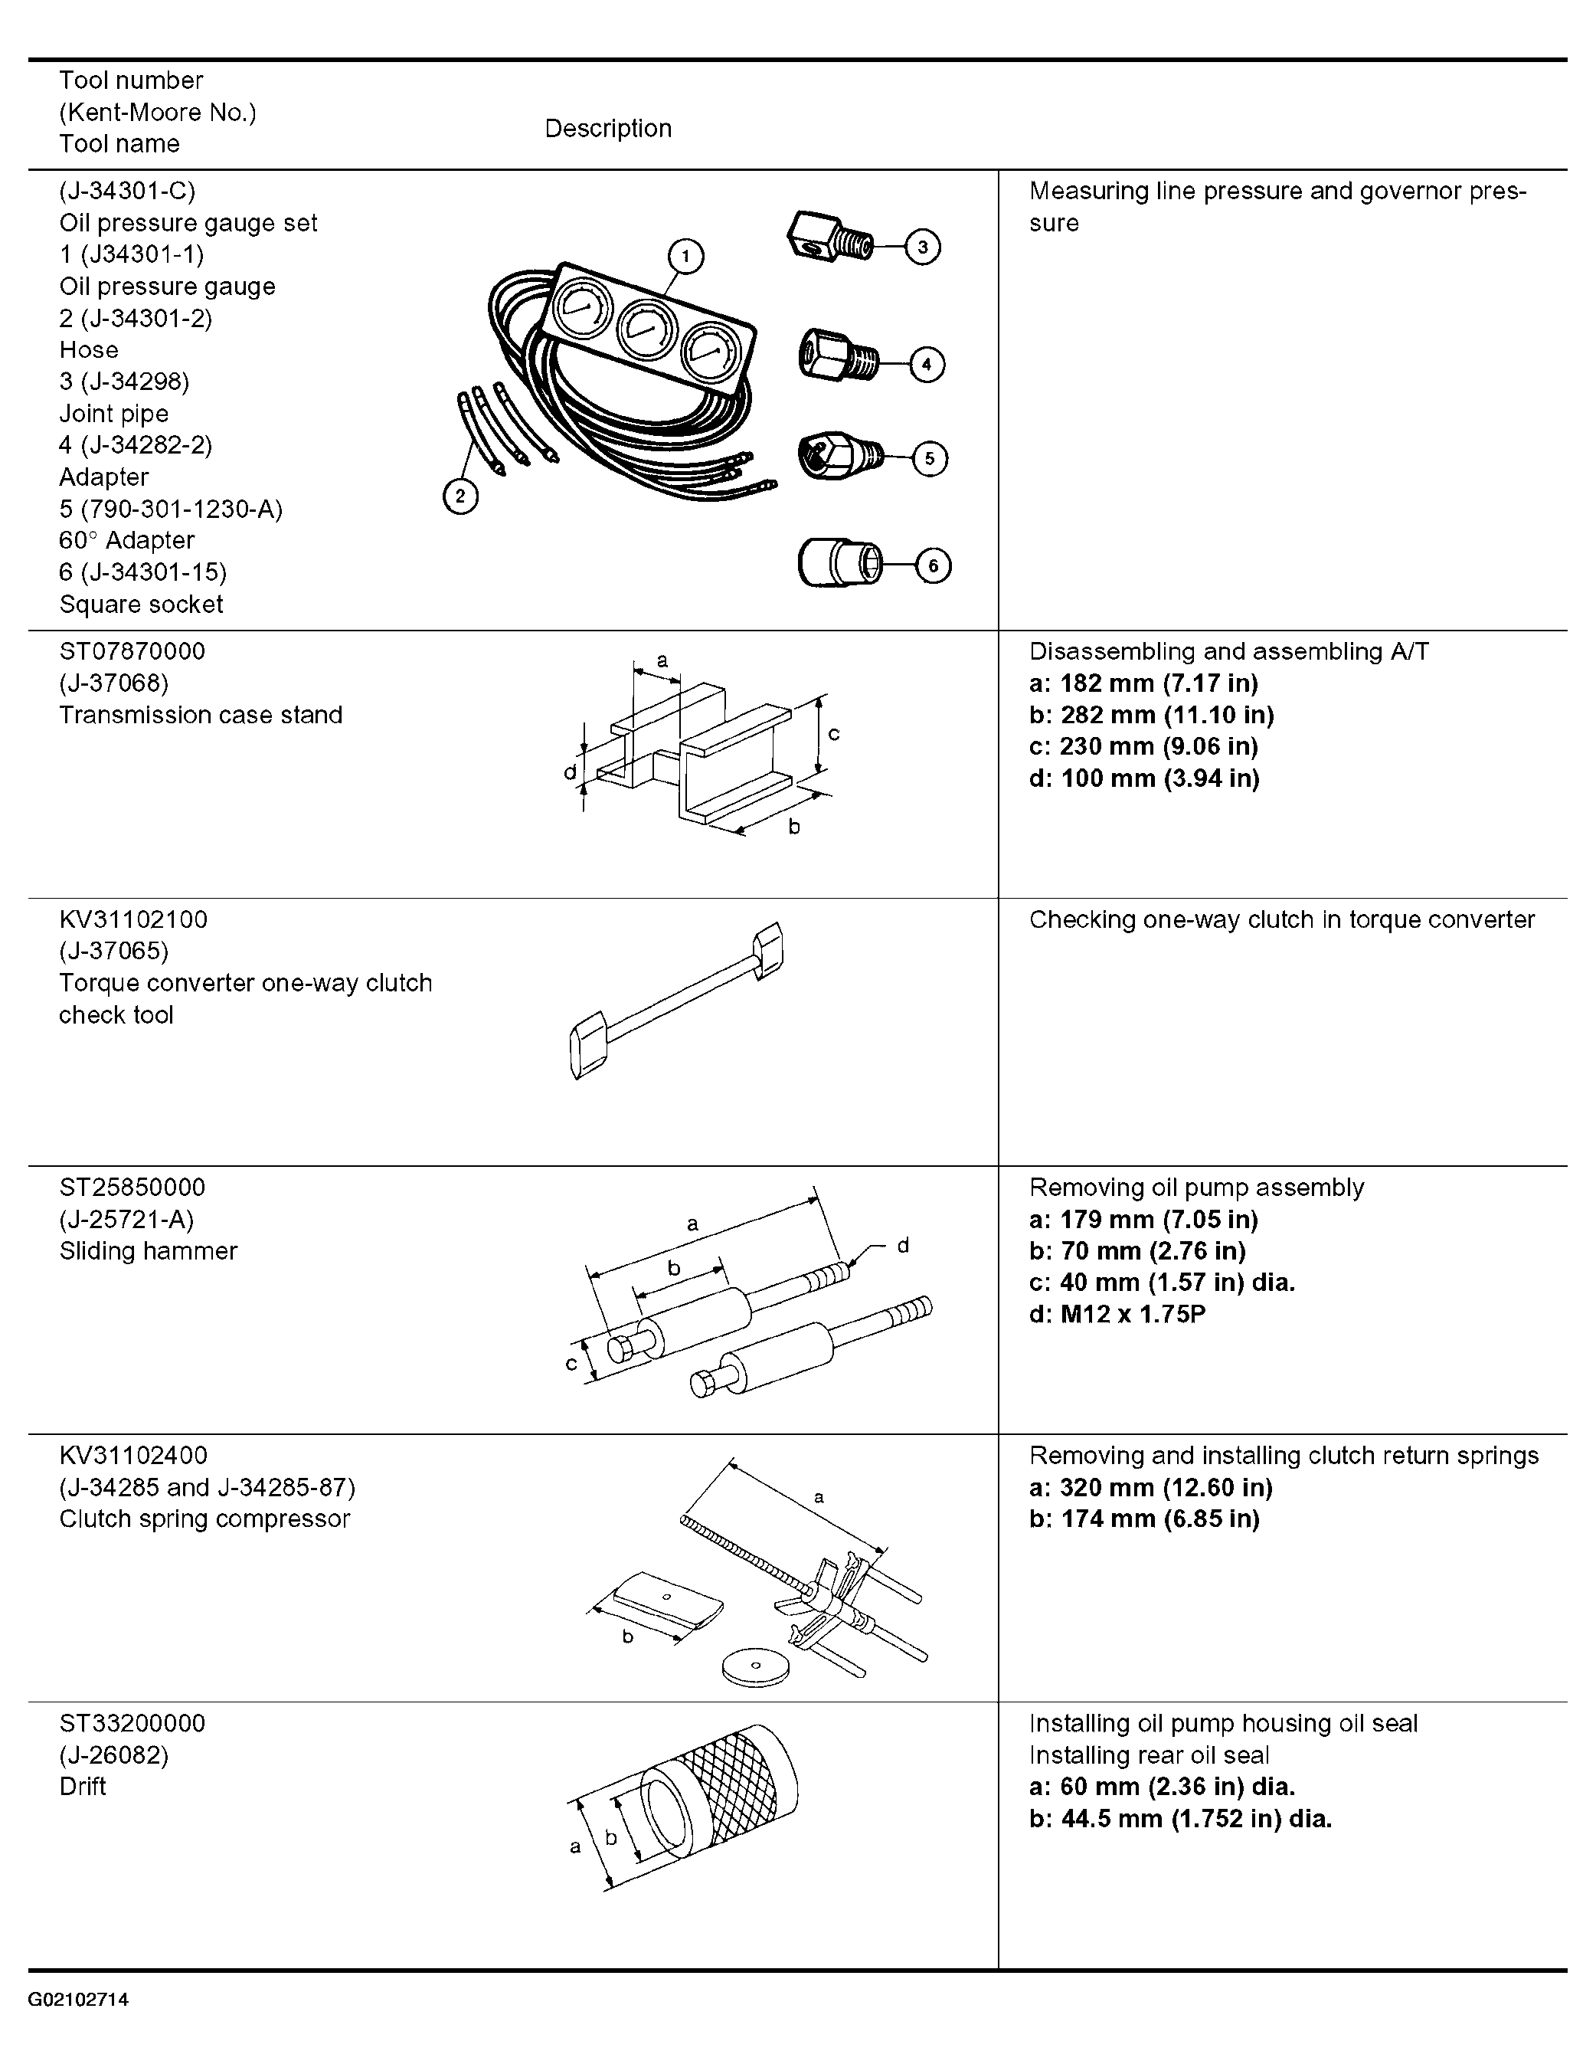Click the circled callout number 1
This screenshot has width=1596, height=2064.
click(x=685, y=256)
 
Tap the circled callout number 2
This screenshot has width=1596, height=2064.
click(x=460, y=496)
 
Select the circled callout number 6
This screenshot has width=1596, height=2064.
click(x=934, y=566)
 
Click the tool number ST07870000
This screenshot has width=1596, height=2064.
click(x=132, y=651)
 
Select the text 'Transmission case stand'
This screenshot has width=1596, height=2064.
click(x=201, y=715)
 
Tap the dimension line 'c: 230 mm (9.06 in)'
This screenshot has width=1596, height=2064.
click(x=1143, y=746)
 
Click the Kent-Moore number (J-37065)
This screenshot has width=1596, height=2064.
click(x=114, y=951)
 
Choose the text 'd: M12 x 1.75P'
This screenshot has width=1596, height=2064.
click(x=1118, y=1315)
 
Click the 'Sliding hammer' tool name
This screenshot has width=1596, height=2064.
click(x=149, y=1251)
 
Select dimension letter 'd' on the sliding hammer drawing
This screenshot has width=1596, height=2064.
click(x=904, y=1246)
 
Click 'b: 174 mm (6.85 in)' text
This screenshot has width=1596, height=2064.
click(x=1144, y=1519)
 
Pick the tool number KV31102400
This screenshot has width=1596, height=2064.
click(x=133, y=1456)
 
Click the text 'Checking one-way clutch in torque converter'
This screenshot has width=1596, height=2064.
click(x=1282, y=919)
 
